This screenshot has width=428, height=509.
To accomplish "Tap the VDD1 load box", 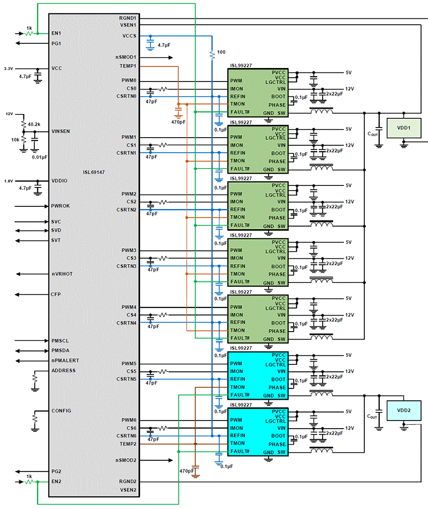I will pyautogui.click(x=404, y=129).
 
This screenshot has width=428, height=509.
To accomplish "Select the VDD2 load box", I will pyautogui.click(x=404, y=410).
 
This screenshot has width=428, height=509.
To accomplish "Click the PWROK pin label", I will pyautogui.click(x=60, y=206).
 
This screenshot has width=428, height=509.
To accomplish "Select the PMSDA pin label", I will pyautogui.click(x=60, y=350).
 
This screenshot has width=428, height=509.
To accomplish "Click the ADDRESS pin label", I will pyautogui.click(x=63, y=370).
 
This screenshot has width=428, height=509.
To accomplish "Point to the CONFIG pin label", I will pyautogui.click(x=62, y=410).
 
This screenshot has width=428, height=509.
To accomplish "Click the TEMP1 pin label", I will pyautogui.click(x=128, y=66).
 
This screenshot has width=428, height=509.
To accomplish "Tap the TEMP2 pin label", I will pyautogui.click(x=128, y=444).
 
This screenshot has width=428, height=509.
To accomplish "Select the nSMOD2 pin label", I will pyautogui.click(x=126, y=460).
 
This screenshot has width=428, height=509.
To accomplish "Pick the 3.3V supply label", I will pyautogui.click(x=9, y=69).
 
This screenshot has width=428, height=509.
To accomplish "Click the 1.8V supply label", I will pyautogui.click(x=9, y=181).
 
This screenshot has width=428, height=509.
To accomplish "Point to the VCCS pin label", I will pyautogui.click(x=129, y=36).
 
